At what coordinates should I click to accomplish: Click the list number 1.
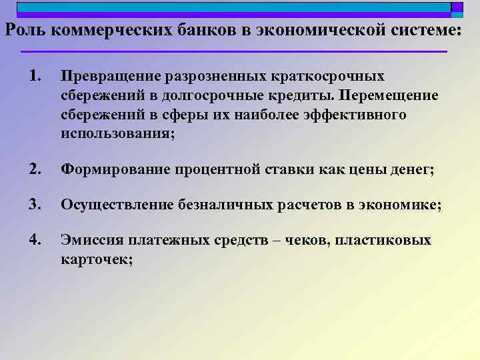35,76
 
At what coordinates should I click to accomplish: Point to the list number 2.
36,171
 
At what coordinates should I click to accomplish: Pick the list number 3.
36,205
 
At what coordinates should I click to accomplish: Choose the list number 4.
36,239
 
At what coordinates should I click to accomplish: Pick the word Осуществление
117,205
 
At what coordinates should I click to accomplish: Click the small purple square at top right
457,7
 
